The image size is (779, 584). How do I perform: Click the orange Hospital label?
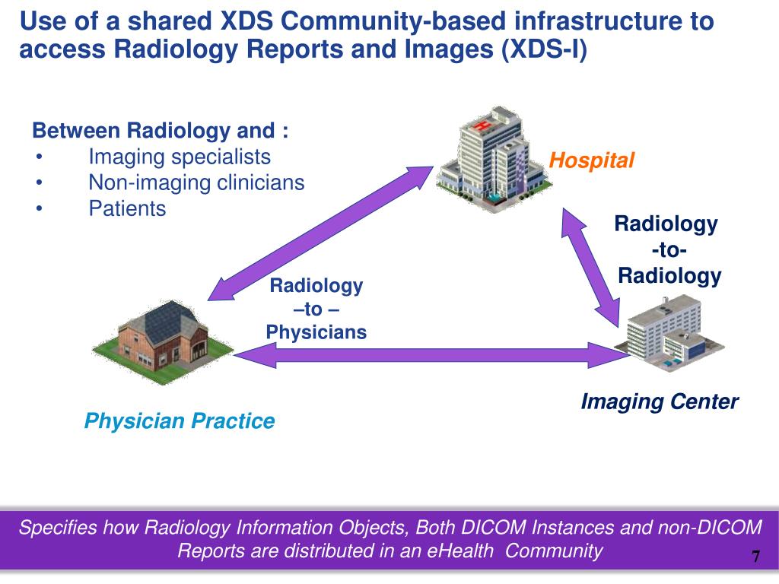(x=591, y=160)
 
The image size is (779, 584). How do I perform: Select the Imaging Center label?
(x=659, y=401)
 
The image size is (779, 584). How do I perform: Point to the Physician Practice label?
(x=179, y=421)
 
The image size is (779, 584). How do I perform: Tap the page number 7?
(x=755, y=556)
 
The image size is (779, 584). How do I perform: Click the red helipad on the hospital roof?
(x=480, y=125)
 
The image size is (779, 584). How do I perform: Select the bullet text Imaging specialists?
(x=180, y=157)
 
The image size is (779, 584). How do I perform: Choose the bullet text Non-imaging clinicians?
(x=196, y=182)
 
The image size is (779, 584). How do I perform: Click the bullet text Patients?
(x=127, y=208)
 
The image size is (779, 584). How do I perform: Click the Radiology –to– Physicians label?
(x=316, y=309)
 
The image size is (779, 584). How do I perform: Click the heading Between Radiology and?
(x=160, y=131)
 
